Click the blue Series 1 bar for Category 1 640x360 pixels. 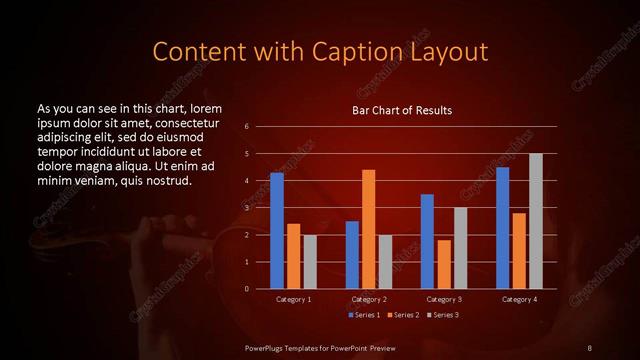[x=277, y=231]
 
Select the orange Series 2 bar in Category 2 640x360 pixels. [x=369, y=229]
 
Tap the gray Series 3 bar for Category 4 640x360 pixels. [x=535, y=221]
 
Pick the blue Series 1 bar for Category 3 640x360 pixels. [x=427, y=241]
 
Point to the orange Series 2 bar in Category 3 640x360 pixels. [x=444, y=264]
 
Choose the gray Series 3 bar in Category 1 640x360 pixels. [x=310, y=262]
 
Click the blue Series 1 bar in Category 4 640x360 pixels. [x=502, y=228]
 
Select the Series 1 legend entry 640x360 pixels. [x=364, y=315]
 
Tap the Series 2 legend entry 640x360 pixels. [x=402, y=315]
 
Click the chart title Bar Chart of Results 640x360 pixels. [x=402, y=110]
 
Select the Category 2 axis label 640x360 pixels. [x=369, y=299]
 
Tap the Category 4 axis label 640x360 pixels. [x=519, y=299]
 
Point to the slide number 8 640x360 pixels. [x=589, y=347]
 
